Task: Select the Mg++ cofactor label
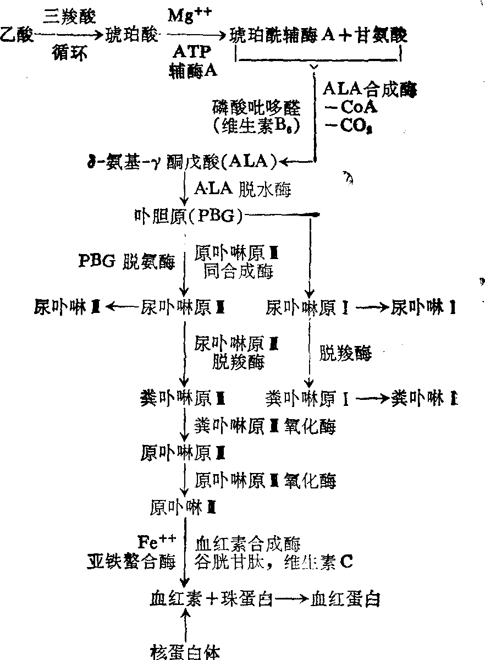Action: click(x=188, y=15)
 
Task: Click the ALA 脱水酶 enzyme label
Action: click(x=242, y=190)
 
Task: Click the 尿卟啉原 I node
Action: click(x=307, y=307)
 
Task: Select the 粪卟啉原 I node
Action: click(x=307, y=397)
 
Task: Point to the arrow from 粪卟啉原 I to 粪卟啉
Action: click(x=371, y=397)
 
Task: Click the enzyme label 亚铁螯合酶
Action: click(x=131, y=562)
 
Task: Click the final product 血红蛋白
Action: click(x=345, y=598)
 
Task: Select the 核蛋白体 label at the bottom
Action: click(x=185, y=652)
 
